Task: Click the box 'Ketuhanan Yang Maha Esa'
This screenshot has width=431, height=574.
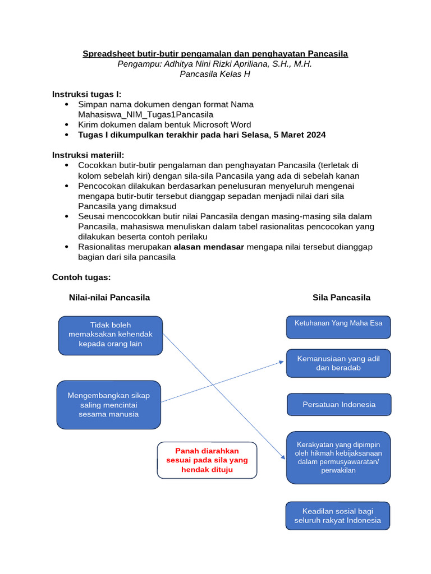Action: pyautogui.click(x=338, y=327)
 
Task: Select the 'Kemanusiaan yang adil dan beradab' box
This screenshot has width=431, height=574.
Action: pyautogui.click(x=338, y=363)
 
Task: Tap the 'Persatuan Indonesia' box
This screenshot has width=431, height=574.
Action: pyautogui.click(x=339, y=404)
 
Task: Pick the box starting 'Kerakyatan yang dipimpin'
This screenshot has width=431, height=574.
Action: pyautogui.click(x=338, y=457)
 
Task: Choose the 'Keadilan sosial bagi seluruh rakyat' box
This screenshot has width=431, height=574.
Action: pyautogui.click(x=337, y=516)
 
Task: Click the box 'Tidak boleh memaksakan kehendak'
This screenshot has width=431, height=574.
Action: pyautogui.click(x=111, y=335)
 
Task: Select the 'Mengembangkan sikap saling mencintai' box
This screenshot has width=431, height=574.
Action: pyautogui.click(x=109, y=405)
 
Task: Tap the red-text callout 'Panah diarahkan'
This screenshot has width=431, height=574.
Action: pyautogui.click(x=207, y=460)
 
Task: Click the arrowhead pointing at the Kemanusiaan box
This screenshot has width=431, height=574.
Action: pyautogui.click(x=281, y=362)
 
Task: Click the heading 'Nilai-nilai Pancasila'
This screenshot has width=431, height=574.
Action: pyautogui.click(x=109, y=298)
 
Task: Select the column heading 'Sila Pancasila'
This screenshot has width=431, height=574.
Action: pyautogui.click(x=341, y=298)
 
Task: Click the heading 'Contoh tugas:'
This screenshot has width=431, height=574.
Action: pyautogui.click(x=81, y=277)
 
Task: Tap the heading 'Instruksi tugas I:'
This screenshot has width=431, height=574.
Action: pyautogui.click(x=86, y=94)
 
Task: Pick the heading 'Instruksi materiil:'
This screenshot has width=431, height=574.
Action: pyautogui.click(x=88, y=155)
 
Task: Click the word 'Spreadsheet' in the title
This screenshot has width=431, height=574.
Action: pyautogui.click(x=106, y=54)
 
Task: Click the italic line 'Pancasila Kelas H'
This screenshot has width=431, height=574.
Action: pyautogui.click(x=215, y=74)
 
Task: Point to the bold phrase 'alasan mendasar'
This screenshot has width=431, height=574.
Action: pyautogui.click(x=209, y=247)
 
